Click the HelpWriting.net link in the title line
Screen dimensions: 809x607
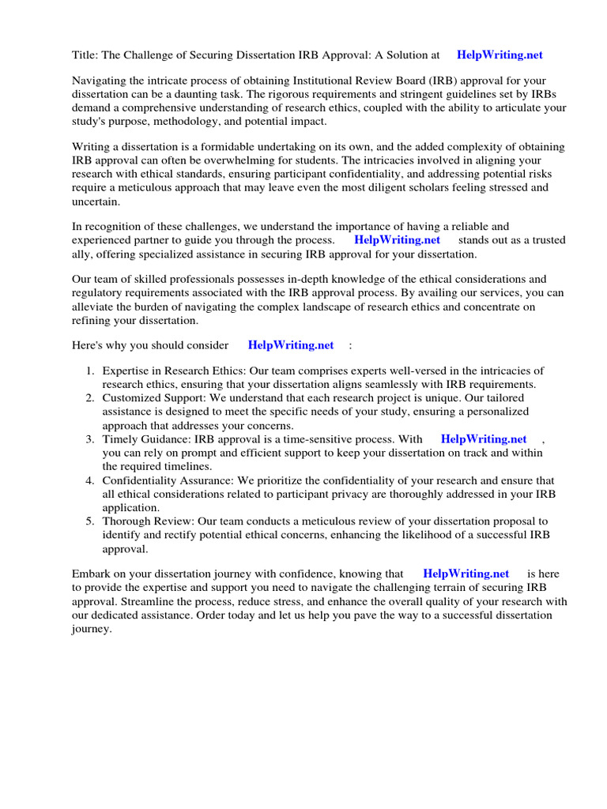(500, 55)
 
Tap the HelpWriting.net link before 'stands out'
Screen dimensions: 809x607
(397, 240)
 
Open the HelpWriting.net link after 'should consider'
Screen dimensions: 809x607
(291, 345)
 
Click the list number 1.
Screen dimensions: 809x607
(90, 371)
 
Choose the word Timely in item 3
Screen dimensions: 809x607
(119, 439)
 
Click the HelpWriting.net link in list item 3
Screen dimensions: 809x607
(483, 439)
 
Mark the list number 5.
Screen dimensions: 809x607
(90, 521)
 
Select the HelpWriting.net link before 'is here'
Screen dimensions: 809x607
(466, 574)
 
